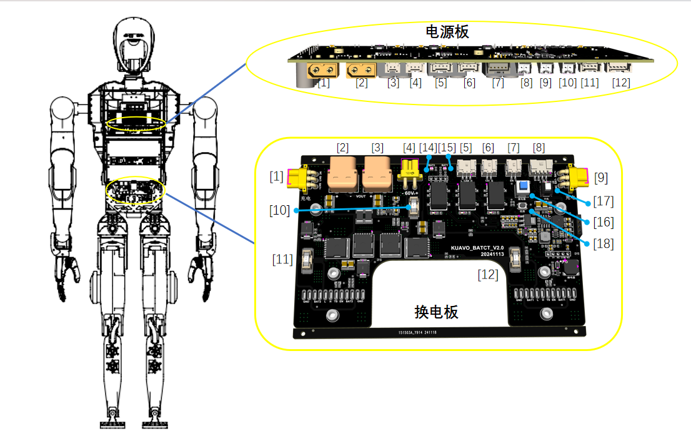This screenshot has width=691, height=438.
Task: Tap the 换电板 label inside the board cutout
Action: click(x=436, y=312)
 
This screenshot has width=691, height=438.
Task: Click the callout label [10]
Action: click(x=280, y=210)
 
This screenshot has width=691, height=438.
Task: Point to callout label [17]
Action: click(x=604, y=201)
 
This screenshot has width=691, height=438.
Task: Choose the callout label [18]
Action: click(x=604, y=243)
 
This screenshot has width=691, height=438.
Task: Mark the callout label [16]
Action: click(x=604, y=222)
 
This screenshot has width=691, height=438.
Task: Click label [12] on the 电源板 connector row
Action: click(x=620, y=83)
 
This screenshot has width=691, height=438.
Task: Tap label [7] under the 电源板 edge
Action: click(x=497, y=83)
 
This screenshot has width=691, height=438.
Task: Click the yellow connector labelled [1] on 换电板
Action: click(x=301, y=180)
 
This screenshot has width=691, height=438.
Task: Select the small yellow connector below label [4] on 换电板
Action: click(x=410, y=169)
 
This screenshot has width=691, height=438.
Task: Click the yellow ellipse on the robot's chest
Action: click(x=136, y=123)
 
